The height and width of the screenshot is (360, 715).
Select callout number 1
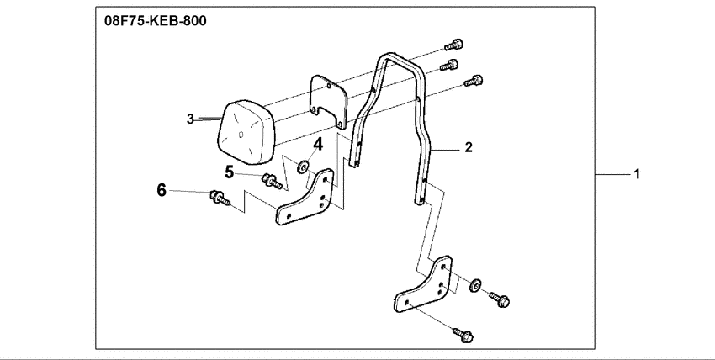point(638,174)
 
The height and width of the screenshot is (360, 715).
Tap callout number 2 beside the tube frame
point(469,146)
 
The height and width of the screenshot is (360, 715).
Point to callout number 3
point(191,119)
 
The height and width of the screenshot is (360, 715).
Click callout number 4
point(318,144)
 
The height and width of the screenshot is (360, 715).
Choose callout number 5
point(229,172)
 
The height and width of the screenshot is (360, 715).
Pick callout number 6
point(162,191)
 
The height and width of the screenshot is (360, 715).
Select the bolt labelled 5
point(271,178)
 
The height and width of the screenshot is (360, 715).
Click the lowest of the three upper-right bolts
point(474,80)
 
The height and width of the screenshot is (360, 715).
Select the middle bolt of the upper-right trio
point(452,64)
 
